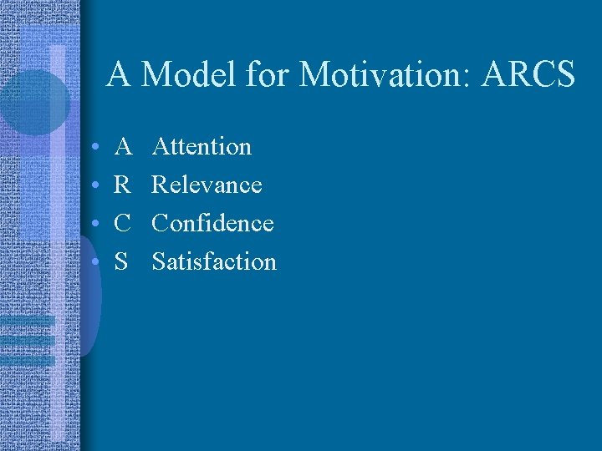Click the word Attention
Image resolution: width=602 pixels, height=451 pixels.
click(202, 147)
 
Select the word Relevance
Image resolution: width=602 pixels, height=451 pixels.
click(207, 185)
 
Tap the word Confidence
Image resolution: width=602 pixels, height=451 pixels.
click(213, 223)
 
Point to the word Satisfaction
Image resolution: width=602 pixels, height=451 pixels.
click(214, 261)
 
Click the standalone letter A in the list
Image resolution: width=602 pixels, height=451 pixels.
click(123, 147)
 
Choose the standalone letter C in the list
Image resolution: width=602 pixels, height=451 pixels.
click(123, 223)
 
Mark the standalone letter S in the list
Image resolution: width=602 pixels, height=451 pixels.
click(122, 261)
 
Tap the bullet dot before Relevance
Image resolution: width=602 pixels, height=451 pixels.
click(97, 186)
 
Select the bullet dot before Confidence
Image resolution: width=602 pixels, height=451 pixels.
click(97, 225)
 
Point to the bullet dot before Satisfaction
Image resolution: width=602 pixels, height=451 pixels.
click(97, 263)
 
